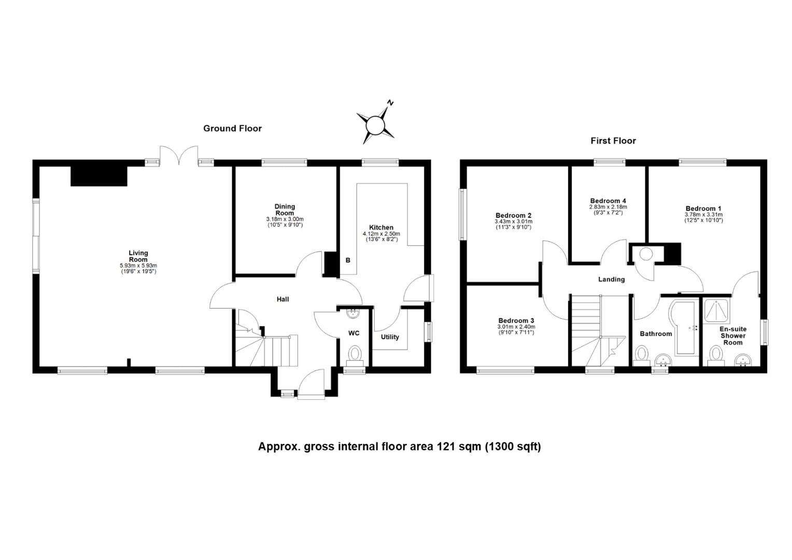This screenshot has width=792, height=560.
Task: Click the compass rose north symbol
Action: (x=375, y=124)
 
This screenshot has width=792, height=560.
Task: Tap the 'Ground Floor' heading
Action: (x=232, y=129)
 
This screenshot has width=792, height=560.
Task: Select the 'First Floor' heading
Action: (x=613, y=141)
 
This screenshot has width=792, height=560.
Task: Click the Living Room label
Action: (x=138, y=256)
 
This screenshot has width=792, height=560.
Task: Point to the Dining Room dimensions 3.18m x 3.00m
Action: (x=285, y=219)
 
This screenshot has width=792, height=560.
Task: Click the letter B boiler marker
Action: (x=348, y=260)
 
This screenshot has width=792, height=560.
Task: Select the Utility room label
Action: (x=390, y=337)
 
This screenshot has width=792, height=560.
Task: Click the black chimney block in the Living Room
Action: (x=98, y=176)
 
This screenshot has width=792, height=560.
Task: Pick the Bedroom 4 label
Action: (x=608, y=201)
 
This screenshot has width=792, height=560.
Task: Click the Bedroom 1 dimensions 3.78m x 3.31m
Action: (x=703, y=215)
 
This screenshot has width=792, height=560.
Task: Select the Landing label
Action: (x=612, y=279)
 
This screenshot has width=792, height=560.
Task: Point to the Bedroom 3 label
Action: (x=516, y=320)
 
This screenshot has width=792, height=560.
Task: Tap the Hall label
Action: (x=282, y=299)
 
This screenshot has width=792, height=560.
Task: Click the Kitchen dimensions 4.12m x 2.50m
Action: (x=381, y=234)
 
